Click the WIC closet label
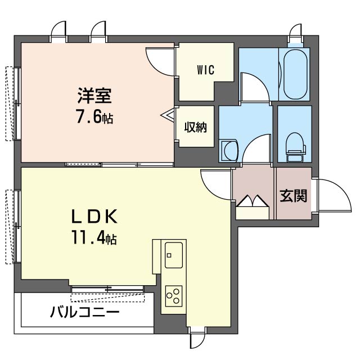[x=205, y=70]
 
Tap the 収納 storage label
[x=196, y=127]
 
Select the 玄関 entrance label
[x=294, y=196]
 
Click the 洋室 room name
[x=94, y=96]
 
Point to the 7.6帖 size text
[x=94, y=117]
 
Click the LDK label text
[x=94, y=217]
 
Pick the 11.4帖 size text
[x=94, y=237]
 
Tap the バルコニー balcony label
[x=85, y=312]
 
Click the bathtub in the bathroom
[x=295, y=74]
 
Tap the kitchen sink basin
[x=174, y=255]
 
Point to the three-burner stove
[x=174, y=296]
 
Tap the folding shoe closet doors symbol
[x=253, y=201]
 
